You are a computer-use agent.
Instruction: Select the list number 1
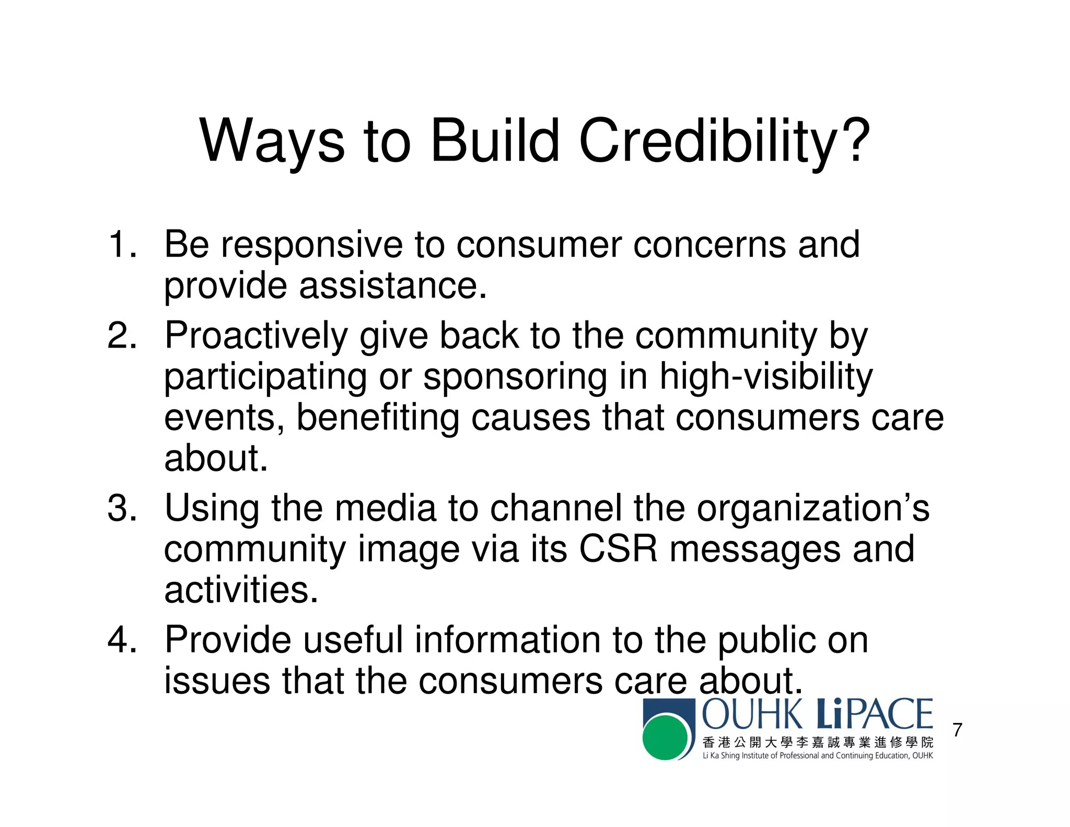pyautogui.click(x=122, y=245)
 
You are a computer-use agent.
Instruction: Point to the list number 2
pyautogui.click(x=122, y=336)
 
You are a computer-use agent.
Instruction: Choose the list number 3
pyautogui.click(x=122, y=508)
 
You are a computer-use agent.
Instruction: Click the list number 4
pyautogui.click(x=122, y=640)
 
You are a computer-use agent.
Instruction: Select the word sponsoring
pyautogui.click(x=515, y=377)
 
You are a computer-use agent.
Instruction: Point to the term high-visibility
pyautogui.click(x=765, y=377)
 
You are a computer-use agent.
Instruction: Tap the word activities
pyautogui.click(x=240, y=590)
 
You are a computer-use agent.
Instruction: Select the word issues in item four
pyautogui.click(x=217, y=681)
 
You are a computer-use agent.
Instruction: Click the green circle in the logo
pyautogui.click(x=665, y=738)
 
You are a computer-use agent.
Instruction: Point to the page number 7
pyautogui.click(x=957, y=730)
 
